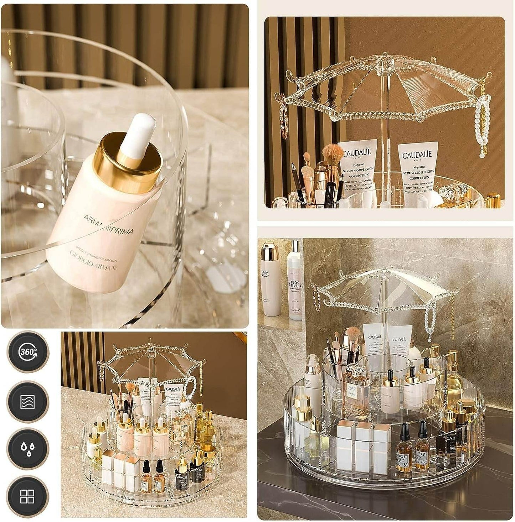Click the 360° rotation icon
pos(28,352)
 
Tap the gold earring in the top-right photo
pos(284,118)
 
